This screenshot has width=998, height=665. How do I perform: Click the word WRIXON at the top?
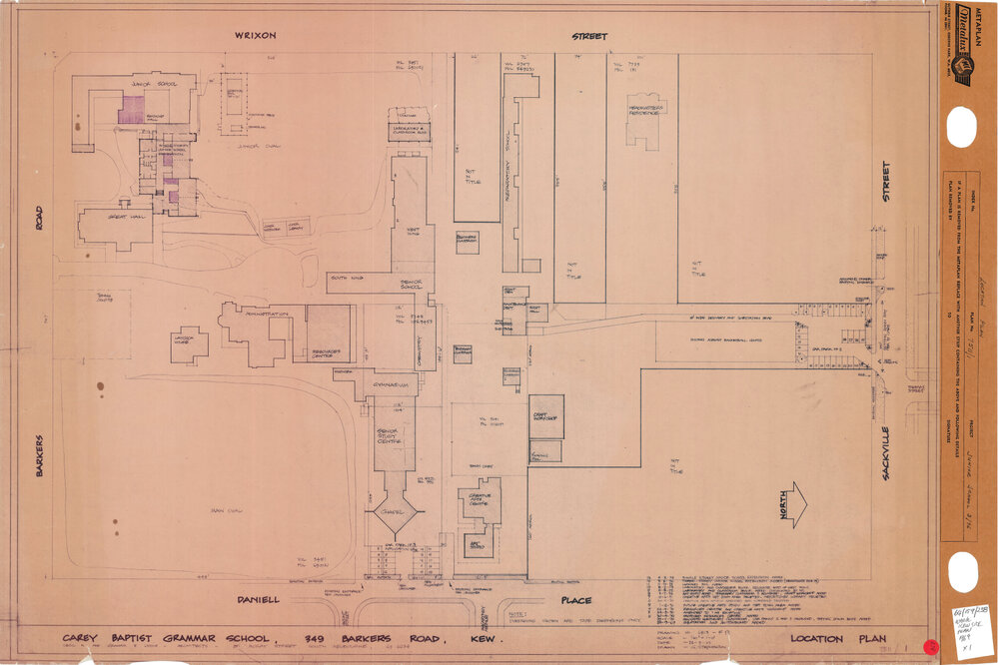tap(255, 36)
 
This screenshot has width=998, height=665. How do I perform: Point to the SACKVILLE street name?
tap(885, 450)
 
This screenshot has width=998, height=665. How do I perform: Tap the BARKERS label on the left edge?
tap(40, 455)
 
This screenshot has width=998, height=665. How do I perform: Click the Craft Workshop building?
tap(546, 416)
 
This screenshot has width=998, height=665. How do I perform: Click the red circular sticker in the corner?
tap(930, 648)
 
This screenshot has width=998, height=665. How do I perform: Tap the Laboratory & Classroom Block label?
tap(409, 130)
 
